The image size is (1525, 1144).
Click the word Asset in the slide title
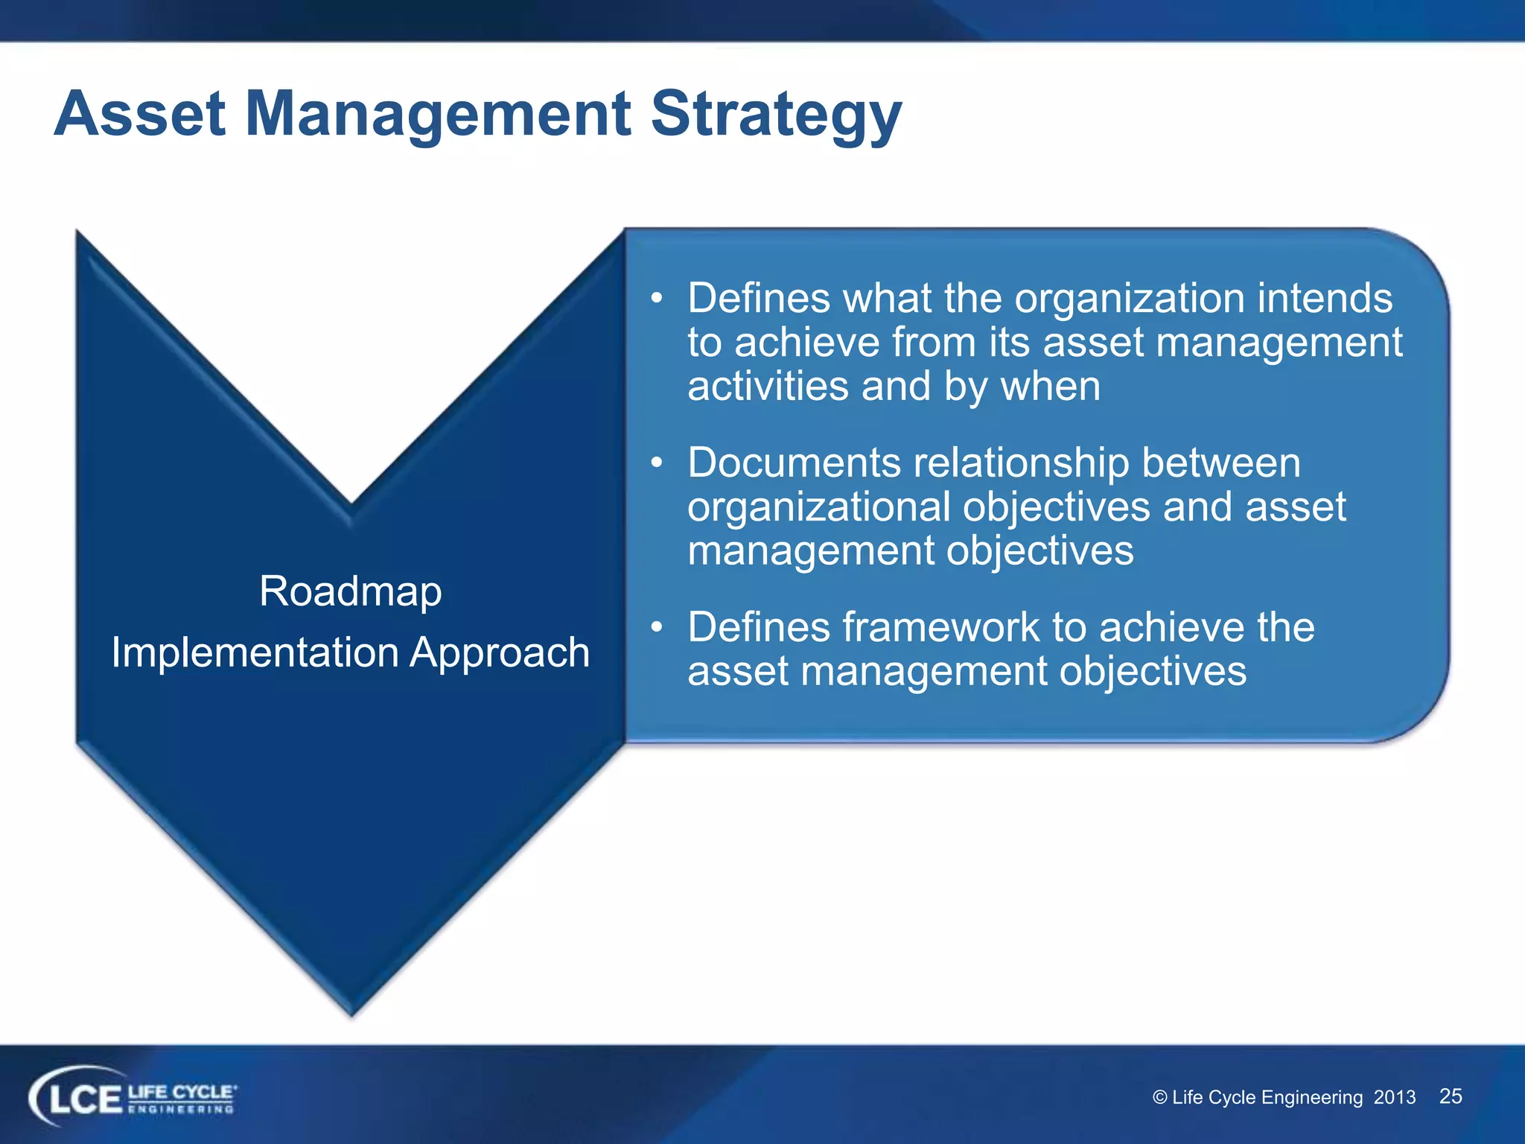[x=139, y=114]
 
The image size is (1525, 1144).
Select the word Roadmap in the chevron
[x=350, y=592]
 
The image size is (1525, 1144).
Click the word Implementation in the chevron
[x=255, y=653]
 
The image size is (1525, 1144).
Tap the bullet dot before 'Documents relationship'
[x=656, y=463]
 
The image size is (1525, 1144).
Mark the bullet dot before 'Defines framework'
[x=656, y=628]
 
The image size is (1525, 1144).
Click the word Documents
[x=794, y=463]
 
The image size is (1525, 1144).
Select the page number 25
[x=1450, y=1096]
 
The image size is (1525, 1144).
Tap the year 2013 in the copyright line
[x=1394, y=1098]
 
